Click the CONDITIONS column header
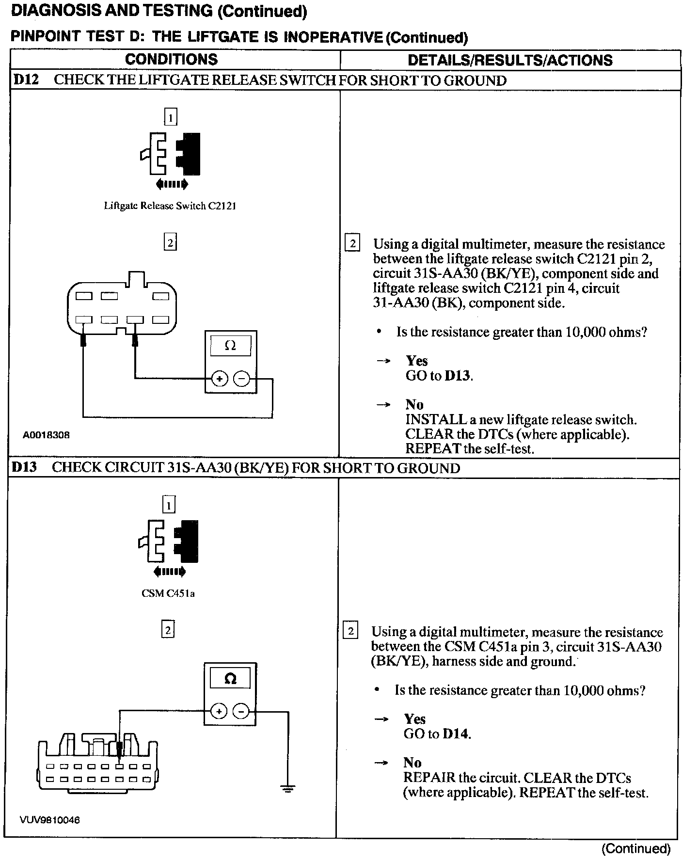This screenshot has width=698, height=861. click(171, 60)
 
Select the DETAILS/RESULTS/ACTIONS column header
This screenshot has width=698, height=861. click(510, 60)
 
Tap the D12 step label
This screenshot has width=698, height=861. click(25, 80)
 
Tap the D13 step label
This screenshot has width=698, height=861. click(24, 467)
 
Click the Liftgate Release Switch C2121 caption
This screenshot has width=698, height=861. click(170, 206)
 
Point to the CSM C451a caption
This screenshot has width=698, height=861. click(168, 593)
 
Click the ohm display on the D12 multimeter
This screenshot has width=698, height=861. click(231, 346)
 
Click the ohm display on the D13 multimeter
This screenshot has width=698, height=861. click(231, 679)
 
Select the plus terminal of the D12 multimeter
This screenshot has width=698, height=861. click(220, 379)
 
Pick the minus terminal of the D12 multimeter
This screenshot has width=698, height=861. click(242, 379)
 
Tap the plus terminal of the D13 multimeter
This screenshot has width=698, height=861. click(219, 712)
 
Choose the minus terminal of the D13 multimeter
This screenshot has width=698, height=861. click(241, 712)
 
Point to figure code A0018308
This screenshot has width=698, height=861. click(46, 435)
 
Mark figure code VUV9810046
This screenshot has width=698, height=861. click(50, 820)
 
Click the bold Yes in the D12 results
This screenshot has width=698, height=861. click(417, 361)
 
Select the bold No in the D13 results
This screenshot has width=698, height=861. click(412, 763)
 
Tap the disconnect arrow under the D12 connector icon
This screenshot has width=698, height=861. click(171, 184)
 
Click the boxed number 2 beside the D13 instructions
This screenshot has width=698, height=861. click(350, 631)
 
